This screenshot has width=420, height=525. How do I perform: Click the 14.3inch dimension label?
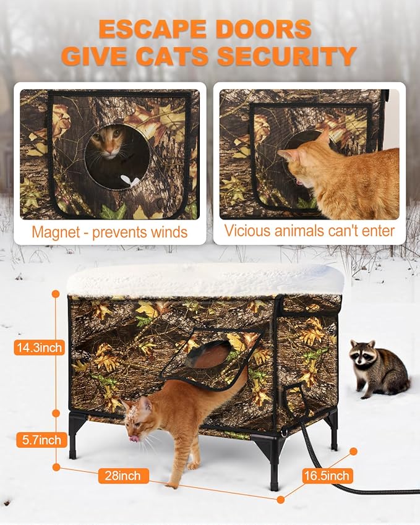pos(38,348)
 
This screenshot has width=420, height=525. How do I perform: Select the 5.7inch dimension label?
pos(38,440)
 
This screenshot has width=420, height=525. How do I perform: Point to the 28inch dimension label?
pos(123,476)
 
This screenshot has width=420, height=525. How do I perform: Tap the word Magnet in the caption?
pos(58,233)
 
